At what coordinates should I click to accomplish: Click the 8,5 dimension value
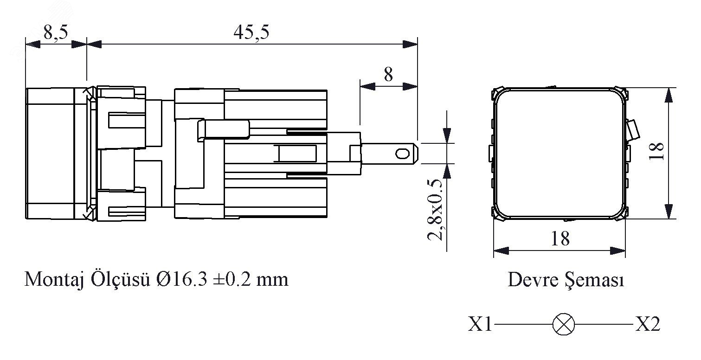[x=55, y=32]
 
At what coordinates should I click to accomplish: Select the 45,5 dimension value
[x=251, y=32]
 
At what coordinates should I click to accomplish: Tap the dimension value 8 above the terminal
[x=388, y=75]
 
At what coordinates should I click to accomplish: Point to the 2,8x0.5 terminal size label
[x=435, y=209]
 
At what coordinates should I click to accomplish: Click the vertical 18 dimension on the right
[x=656, y=151]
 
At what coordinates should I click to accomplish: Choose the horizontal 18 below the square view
[x=560, y=239]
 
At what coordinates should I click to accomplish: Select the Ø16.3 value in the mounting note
[x=181, y=279]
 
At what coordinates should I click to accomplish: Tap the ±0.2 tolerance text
[x=232, y=279]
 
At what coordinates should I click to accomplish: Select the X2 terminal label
[x=648, y=324]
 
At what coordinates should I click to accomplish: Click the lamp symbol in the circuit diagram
[x=564, y=324]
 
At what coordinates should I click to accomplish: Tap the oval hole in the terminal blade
[x=402, y=154]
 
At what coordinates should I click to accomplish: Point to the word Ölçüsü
[x=121, y=279]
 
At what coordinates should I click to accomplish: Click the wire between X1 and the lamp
[x=523, y=324]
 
